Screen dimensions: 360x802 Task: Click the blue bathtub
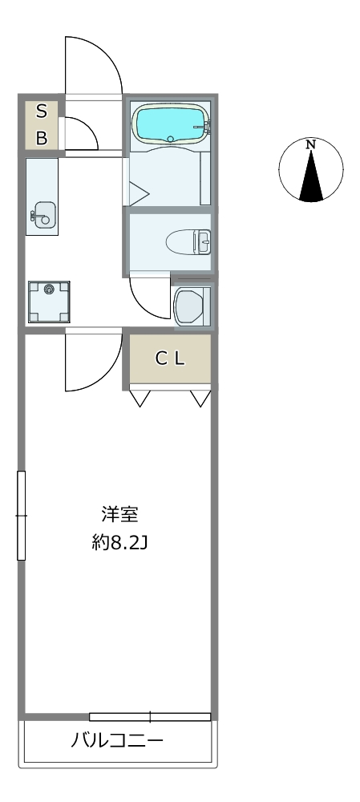tap(172, 123)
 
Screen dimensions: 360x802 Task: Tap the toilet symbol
tap(188, 241)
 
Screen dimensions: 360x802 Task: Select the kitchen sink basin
tap(43, 214)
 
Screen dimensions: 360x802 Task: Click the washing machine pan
tap(49, 302)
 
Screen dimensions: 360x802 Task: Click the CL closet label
tap(170, 359)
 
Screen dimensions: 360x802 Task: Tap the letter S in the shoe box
tap(42, 111)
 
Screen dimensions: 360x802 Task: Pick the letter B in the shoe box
tap(42, 138)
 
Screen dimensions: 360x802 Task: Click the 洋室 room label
tap(119, 515)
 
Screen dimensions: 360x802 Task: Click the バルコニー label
tap(117, 740)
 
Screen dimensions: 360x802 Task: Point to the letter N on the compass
tap(310, 144)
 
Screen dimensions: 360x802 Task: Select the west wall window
tap(21, 516)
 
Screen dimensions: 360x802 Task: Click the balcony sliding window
tap(150, 717)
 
